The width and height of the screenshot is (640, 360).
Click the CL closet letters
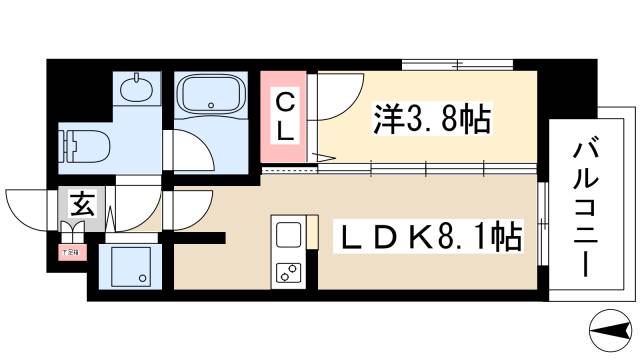(x=285, y=116)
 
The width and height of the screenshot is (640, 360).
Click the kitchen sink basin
(x=290, y=235)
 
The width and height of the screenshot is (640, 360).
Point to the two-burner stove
(x=290, y=271)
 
